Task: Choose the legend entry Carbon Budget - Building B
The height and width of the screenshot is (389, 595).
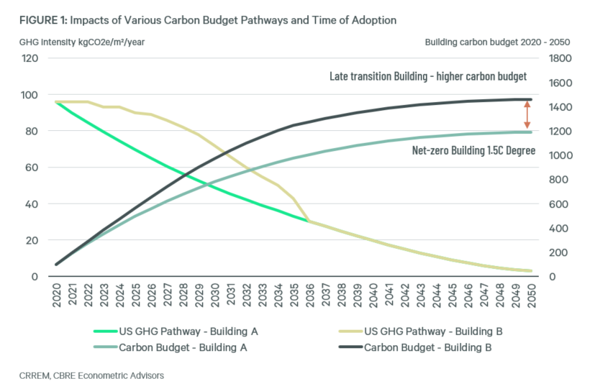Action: point(429,348)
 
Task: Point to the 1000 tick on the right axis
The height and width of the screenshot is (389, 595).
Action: point(559,155)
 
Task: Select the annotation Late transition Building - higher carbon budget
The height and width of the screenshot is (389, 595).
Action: point(428,76)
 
